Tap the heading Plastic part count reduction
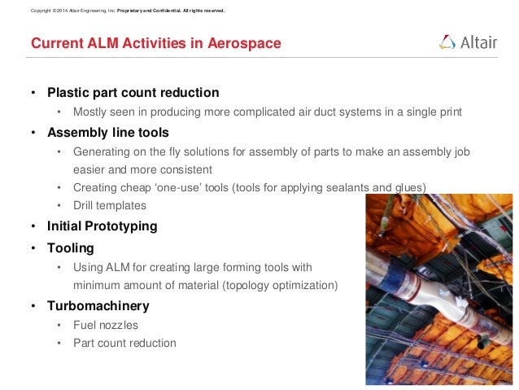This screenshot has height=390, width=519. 133,92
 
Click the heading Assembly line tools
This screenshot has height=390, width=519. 108,132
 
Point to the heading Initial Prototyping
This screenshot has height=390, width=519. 102,226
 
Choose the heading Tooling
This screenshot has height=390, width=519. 71,247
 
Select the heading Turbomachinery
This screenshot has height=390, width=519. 98,306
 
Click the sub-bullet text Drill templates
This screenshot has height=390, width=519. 110,206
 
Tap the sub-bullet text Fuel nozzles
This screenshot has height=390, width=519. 106,325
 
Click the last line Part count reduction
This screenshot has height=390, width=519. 124,343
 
